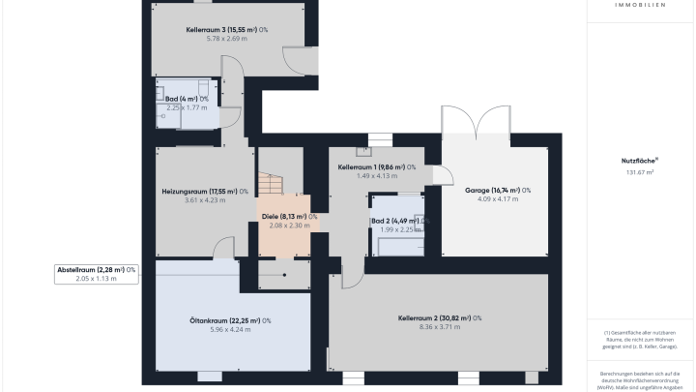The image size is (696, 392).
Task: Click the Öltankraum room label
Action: pyautogui.click(x=230, y=320)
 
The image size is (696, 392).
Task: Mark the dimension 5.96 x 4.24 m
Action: pyautogui.click(x=230, y=330)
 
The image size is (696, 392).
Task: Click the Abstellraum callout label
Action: pyautogui.click(x=96, y=269)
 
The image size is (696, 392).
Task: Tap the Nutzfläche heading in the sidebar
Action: pyautogui.click(x=640, y=162)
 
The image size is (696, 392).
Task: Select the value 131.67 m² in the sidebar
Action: pyautogui.click(x=638, y=172)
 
